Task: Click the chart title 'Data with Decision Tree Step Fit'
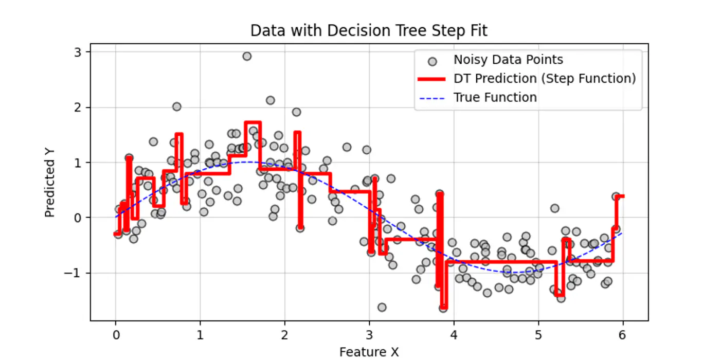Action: coord(369,31)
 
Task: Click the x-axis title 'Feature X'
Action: coord(369,352)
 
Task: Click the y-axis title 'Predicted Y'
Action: coord(49,188)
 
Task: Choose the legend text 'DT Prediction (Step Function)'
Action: coord(545,79)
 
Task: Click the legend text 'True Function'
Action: coord(495,98)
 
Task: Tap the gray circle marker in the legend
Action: coord(434,61)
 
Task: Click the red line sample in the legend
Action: coord(434,79)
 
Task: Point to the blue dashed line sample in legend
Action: coord(434,98)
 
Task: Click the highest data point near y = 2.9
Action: coord(247,56)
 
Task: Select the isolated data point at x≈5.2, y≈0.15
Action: coord(554,208)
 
